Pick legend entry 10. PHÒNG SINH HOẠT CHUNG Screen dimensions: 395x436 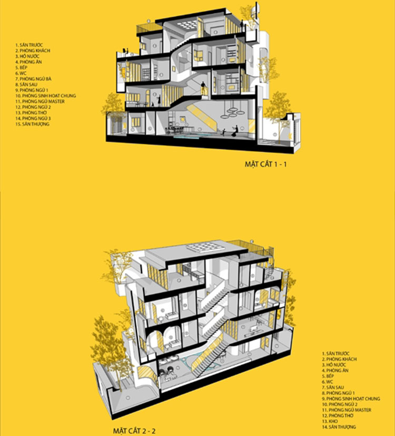click(x=46, y=95)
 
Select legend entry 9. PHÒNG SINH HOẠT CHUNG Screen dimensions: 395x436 click(x=351, y=398)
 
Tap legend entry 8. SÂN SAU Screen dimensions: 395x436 click(x=29, y=84)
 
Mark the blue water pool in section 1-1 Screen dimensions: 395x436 click(x=187, y=137)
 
